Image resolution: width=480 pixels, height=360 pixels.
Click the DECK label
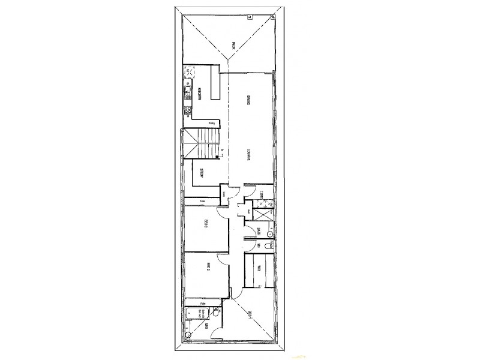(x=235, y=44)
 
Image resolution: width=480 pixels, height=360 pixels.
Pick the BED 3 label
(x=205, y=225)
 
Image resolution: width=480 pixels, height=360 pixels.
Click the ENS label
(x=205, y=327)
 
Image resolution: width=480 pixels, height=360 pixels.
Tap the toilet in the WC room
(x=268, y=246)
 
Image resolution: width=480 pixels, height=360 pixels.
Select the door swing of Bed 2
(x=223, y=260)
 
